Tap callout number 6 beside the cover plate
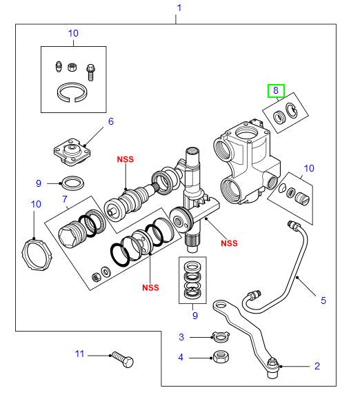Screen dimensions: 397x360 [x=109, y=122]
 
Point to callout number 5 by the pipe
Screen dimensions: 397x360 [x=322, y=301]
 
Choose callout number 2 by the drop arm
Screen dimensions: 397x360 [x=317, y=366]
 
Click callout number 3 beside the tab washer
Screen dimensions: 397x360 [x=181, y=337]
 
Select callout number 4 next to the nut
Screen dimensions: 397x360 [x=181, y=357]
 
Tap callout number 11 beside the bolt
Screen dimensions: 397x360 [x=79, y=354]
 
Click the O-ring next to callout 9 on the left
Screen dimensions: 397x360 [x=72, y=183]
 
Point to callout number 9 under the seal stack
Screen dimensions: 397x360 [x=194, y=315]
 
